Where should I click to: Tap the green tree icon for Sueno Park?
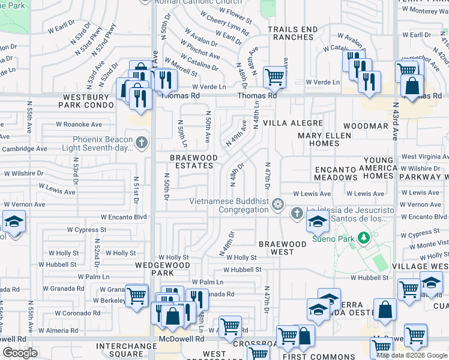pyautogui.click(x=363, y=238)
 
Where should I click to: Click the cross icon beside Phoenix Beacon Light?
pyautogui.click(x=141, y=143)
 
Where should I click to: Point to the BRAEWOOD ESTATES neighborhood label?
pyautogui.click(x=193, y=162)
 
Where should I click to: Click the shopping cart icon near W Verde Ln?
pyautogui.click(x=274, y=76)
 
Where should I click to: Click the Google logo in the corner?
pyautogui.click(x=20, y=353)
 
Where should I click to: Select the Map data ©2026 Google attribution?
pyautogui.click(x=412, y=355)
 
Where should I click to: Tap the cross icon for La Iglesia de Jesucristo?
pyautogui.click(x=297, y=214)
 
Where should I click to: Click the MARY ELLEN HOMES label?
pyautogui.click(x=319, y=139)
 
